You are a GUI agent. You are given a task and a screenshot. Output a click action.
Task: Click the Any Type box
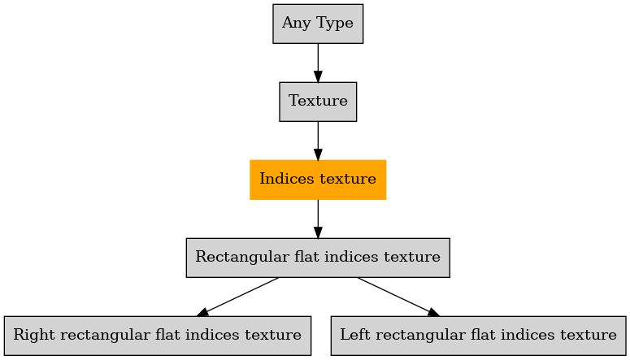coord(318,24)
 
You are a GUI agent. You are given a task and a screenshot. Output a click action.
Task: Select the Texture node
coord(318,102)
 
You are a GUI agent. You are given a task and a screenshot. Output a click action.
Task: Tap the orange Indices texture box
coord(318,180)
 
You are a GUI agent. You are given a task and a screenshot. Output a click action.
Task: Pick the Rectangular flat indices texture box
coord(318,258)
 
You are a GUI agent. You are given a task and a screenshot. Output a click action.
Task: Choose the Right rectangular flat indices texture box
coord(158,336)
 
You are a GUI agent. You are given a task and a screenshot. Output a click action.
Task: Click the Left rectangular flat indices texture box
coord(479,336)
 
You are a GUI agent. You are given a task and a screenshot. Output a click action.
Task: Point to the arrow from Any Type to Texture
coord(318,63)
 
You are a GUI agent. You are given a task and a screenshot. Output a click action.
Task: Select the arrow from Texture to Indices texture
coord(318,141)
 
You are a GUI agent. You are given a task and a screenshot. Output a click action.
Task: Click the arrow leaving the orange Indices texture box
coord(318,219)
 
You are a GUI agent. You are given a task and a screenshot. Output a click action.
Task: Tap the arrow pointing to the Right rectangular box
coord(237,297)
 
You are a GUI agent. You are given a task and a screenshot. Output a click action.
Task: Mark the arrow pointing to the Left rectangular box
coord(398,297)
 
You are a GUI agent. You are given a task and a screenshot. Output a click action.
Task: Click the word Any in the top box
coord(296,23)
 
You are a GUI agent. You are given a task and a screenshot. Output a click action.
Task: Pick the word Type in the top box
coord(335,23)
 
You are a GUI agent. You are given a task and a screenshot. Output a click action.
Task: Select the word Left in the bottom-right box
coord(354,334)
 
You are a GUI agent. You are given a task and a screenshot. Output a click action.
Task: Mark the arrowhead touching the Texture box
coord(318,76)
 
